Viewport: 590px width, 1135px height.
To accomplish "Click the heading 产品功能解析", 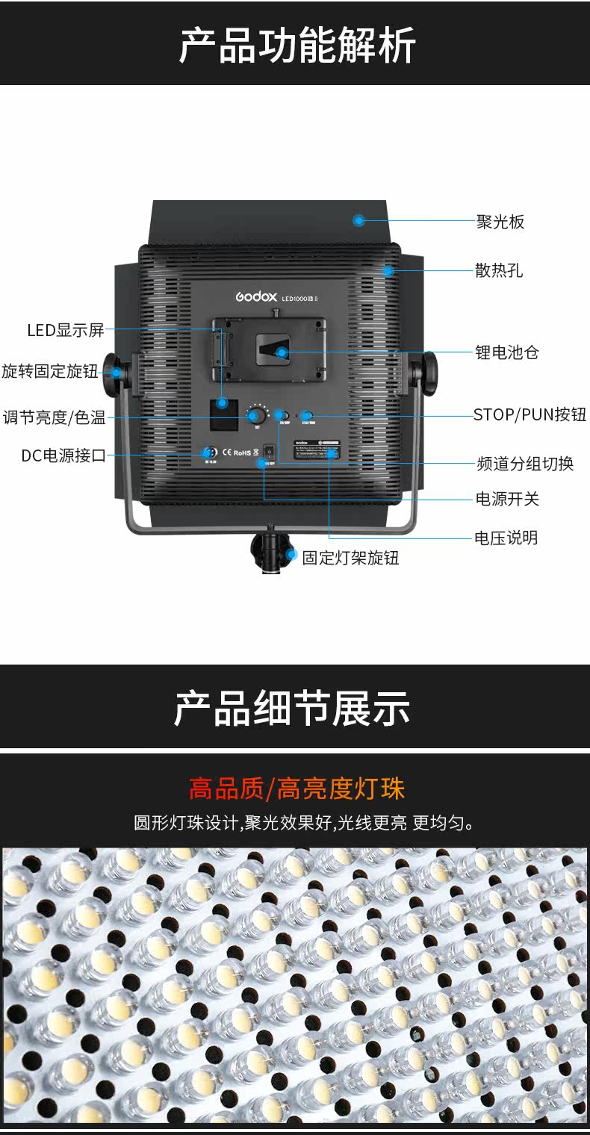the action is pyautogui.click(x=296, y=45).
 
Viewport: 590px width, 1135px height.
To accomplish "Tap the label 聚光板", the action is pyautogui.click(x=500, y=222).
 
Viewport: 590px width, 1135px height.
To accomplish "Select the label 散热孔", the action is pyautogui.click(x=499, y=270).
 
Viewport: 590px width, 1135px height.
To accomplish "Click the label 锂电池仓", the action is pyautogui.click(x=507, y=352).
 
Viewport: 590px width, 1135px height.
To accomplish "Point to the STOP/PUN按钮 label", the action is pyautogui.click(x=530, y=415).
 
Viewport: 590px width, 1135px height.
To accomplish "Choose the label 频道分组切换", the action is pyautogui.click(x=525, y=464).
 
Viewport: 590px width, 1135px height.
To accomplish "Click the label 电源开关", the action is pyautogui.click(x=507, y=499).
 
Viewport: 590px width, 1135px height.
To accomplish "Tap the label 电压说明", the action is pyautogui.click(x=506, y=538).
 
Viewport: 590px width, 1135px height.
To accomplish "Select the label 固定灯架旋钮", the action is pyautogui.click(x=350, y=557).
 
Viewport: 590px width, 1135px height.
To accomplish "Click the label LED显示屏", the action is pyautogui.click(x=66, y=330).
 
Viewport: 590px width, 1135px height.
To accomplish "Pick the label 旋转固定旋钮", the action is pyautogui.click(x=50, y=371).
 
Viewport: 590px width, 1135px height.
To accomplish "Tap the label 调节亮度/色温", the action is pyautogui.click(x=54, y=417).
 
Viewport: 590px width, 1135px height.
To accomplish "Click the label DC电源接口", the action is pyautogui.click(x=63, y=455).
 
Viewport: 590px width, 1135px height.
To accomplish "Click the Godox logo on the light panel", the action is pyautogui.click(x=257, y=296).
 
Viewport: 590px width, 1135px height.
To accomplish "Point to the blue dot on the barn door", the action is pyautogui.click(x=359, y=220).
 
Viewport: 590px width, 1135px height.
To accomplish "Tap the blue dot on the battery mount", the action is pyautogui.click(x=282, y=352).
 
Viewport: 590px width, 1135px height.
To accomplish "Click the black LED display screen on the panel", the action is pyautogui.click(x=223, y=416).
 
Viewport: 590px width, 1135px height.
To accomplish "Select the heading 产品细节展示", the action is pyautogui.click(x=292, y=708).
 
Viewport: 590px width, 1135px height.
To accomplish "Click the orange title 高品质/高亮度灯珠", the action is pyautogui.click(x=296, y=789).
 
